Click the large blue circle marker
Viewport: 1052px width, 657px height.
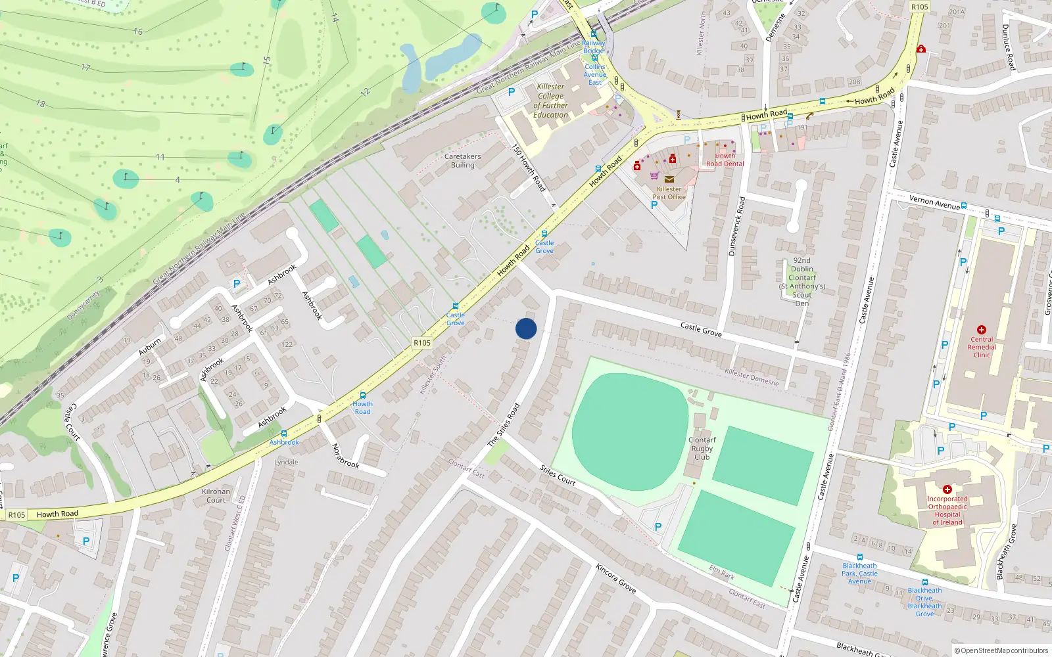click(526, 328)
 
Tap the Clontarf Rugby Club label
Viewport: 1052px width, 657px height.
click(702, 449)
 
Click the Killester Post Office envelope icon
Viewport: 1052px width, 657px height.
click(669, 179)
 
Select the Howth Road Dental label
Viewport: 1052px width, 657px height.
click(725, 160)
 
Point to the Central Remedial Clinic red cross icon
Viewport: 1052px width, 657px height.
click(982, 330)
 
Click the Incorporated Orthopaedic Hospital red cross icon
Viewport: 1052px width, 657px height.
click(947, 489)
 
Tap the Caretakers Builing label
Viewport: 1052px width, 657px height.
click(462, 161)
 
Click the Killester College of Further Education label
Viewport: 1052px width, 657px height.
click(551, 101)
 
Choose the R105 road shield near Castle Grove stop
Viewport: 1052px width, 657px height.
click(422, 343)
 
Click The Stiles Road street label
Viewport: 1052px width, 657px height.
click(504, 426)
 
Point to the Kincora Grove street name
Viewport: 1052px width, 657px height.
click(616, 578)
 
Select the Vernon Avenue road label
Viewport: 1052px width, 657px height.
click(934, 202)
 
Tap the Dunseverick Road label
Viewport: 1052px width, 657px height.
click(736, 226)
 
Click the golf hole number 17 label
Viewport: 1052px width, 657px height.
click(86, 67)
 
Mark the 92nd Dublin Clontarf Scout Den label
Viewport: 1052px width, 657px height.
click(802, 281)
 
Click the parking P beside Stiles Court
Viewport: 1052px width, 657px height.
click(658, 527)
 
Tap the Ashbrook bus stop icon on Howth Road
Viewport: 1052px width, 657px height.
click(284, 434)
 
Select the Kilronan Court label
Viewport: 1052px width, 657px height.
click(216, 495)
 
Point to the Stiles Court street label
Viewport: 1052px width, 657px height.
click(558, 475)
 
